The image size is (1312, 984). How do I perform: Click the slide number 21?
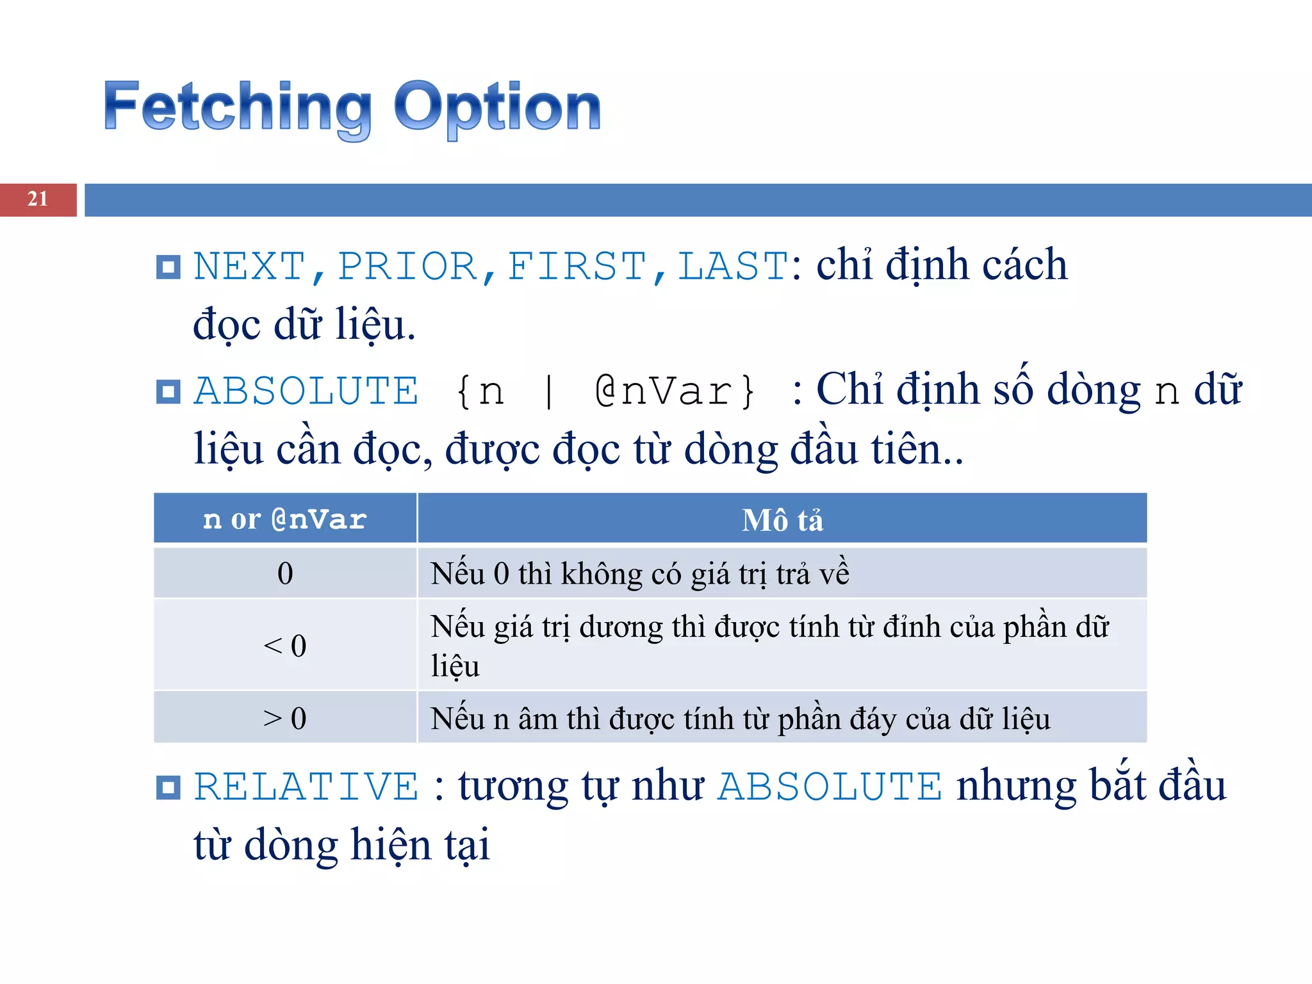pos(38,199)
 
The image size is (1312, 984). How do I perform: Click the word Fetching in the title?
pos(237,107)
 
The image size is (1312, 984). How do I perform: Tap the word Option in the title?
pos(497,107)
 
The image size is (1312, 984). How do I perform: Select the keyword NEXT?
pos(249,266)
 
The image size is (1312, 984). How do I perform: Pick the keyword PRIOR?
pos(407,266)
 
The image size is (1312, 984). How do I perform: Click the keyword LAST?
pos(732,266)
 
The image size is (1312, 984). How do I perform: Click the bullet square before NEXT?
pos(168,267)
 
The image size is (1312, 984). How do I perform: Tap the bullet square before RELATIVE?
pos(168,787)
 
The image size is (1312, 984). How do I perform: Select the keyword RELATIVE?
pos(306,787)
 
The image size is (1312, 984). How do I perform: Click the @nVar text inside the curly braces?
pos(664,391)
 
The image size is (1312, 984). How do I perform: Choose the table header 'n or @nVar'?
pos(285,519)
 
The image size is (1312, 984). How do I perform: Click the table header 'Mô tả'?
pos(782,520)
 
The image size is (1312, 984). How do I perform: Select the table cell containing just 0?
pos(285,573)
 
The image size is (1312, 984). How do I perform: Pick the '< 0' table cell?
pos(285,645)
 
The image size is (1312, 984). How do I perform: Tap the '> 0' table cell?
pos(285,718)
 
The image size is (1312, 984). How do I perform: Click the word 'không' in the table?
pos(602,574)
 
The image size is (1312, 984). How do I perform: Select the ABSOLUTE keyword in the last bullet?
pos(830,787)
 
